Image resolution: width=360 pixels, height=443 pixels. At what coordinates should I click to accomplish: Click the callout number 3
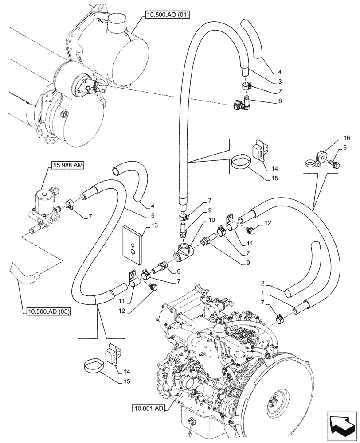tap(267, 82)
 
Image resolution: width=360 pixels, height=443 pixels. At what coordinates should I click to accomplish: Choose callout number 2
tap(263, 283)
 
